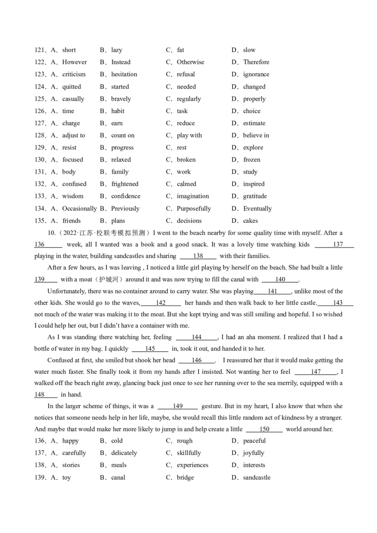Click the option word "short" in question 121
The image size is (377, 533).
[69, 50]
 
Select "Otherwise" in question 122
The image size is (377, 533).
[190, 62]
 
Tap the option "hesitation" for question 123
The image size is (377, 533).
[124, 74]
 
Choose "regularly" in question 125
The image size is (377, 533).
[188, 99]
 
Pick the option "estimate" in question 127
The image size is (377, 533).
[254, 123]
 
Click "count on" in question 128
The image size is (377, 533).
[123, 136]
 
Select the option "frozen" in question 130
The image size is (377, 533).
[252, 160]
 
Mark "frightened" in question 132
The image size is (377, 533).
[125, 184]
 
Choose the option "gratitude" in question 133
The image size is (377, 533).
[254, 196]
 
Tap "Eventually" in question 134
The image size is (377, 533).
[257, 209]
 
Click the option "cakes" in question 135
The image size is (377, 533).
[250, 221]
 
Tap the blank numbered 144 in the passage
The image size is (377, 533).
[197, 337]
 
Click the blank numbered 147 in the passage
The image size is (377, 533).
[315, 371]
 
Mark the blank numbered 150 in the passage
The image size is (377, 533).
[264, 429]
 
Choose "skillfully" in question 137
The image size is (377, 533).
[188, 453]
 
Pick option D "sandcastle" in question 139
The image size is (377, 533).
[257, 477]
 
